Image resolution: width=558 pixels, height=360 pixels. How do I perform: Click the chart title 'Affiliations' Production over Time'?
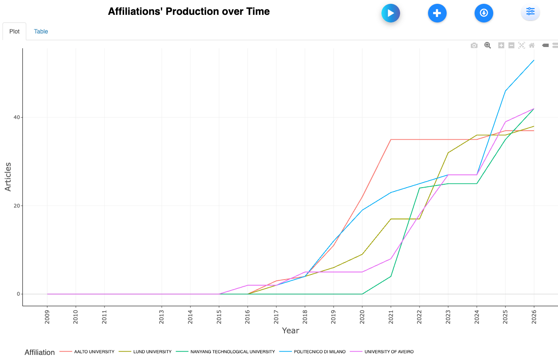[189, 11]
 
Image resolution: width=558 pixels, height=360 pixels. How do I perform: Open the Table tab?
[41, 31]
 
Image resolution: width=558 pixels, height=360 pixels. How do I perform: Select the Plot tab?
[14, 31]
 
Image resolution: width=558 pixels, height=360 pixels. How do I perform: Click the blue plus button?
[437, 13]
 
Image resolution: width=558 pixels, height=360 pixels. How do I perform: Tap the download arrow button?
[483, 13]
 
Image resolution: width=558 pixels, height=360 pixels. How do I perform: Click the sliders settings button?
[530, 12]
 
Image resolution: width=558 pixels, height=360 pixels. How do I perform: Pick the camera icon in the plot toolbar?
[474, 45]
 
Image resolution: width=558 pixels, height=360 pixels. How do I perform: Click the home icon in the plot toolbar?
[532, 45]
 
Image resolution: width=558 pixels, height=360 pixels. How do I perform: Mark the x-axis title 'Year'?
[290, 330]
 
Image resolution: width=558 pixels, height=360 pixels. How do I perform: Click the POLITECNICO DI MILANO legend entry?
[320, 352]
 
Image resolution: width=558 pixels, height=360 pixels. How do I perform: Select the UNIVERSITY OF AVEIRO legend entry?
[389, 352]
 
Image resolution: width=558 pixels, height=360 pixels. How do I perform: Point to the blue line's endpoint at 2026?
[533, 60]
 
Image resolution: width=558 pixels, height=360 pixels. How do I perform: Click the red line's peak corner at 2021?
[390, 139]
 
